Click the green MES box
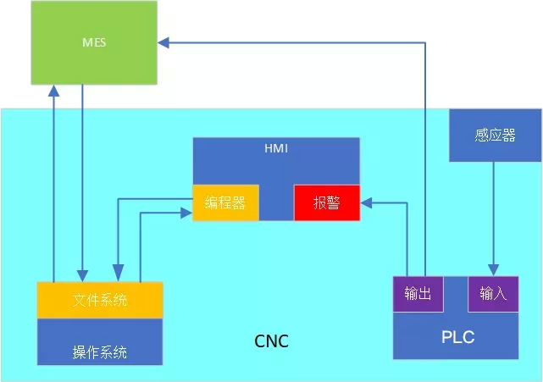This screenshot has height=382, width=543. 94,42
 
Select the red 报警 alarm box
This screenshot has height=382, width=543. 327,202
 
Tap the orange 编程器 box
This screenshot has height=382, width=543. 225,202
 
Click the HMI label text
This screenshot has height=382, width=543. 276,148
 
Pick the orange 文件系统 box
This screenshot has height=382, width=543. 100,300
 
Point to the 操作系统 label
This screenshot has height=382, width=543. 100,352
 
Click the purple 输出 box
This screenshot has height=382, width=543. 418,294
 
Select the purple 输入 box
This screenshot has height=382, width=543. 493,294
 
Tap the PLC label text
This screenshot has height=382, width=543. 457,337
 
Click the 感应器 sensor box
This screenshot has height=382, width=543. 495,136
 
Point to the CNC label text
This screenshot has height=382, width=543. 271,342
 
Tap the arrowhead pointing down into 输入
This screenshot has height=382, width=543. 494,269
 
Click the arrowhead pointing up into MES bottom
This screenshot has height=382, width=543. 53,90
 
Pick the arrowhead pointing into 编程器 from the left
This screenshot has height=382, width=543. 186,213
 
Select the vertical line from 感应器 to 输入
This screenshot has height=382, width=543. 494,212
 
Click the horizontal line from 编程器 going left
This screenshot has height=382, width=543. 152,200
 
